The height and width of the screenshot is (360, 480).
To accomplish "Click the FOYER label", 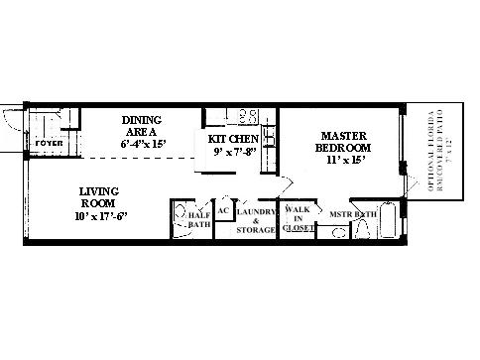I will (x=49, y=144).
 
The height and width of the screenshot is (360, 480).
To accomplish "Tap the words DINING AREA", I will (x=142, y=126).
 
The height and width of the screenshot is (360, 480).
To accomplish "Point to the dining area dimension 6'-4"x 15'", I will (x=144, y=144).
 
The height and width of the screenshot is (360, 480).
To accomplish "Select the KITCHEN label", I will (x=234, y=139).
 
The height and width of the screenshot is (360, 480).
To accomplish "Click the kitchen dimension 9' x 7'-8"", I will (x=234, y=152).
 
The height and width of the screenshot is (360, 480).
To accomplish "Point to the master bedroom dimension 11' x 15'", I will (x=345, y=159).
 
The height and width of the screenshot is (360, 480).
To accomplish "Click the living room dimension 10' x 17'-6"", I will (x=100, y=215).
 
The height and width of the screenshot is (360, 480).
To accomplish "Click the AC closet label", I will (x=223, y=211).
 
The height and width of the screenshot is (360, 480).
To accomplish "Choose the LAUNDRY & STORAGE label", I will (x=256, y=220).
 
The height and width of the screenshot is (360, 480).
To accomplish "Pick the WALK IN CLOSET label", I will (x=299, y=219).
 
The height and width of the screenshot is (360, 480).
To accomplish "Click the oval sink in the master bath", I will (x=337, y=234).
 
